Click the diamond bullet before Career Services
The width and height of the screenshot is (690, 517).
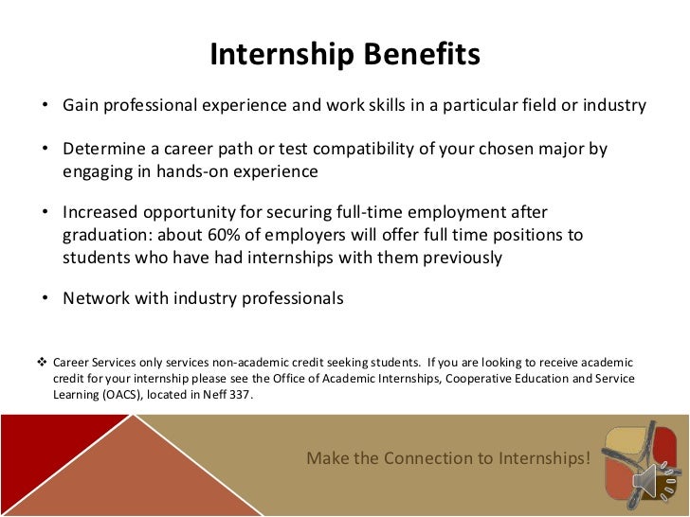point(41,362)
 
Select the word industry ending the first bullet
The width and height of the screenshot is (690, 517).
point(612,105)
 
